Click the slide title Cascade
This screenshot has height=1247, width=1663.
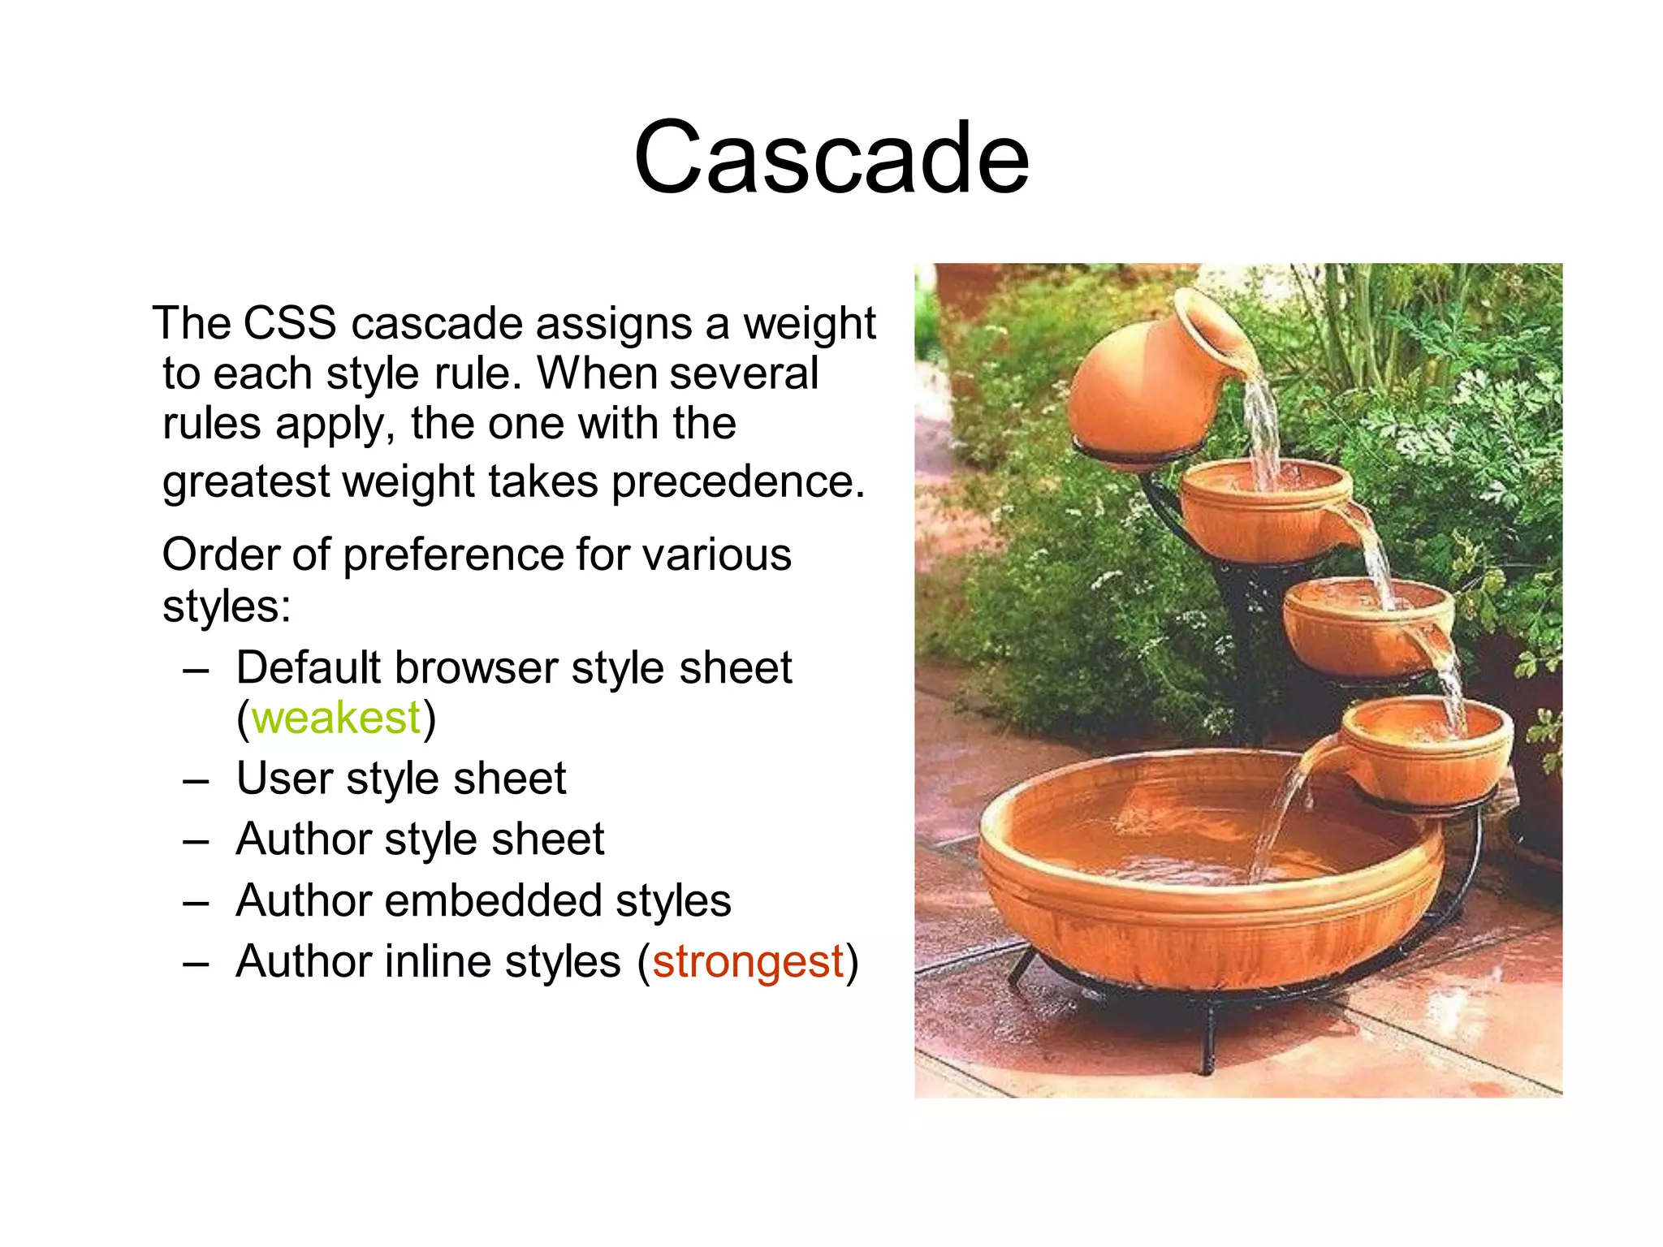coord(831,157)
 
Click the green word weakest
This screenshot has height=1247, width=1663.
coord(336,718)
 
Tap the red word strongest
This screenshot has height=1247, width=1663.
coord(748,962)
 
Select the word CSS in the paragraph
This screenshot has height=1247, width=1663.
coord(290,324)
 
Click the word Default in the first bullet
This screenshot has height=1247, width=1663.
coord(308,669)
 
